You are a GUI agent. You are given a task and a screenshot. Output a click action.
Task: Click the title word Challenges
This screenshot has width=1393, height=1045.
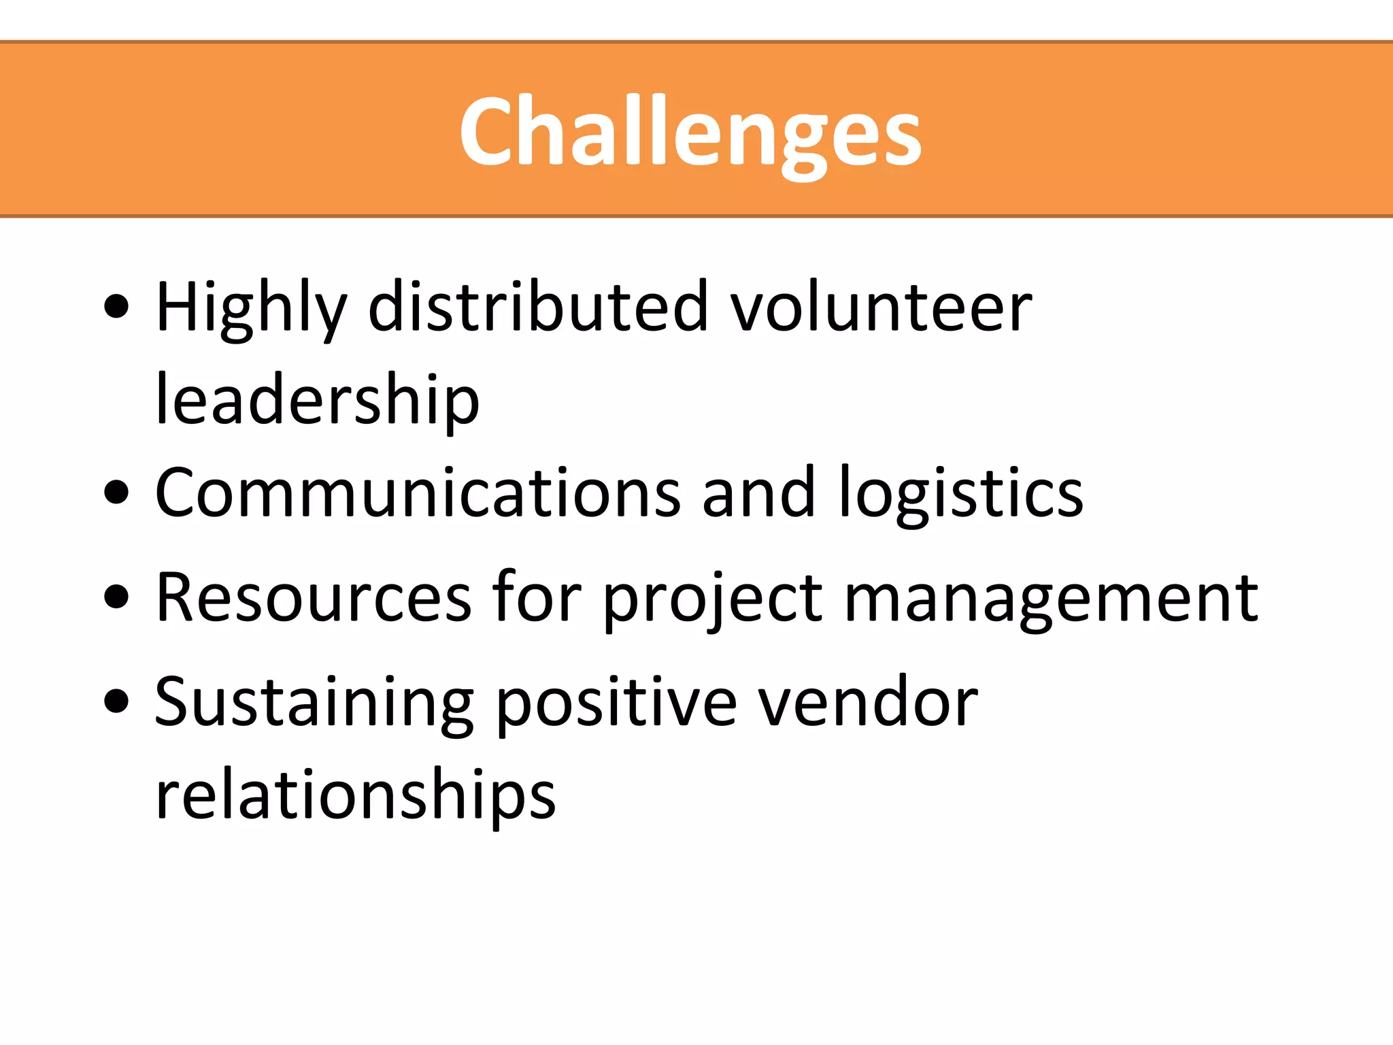pyautogui.click(x=690, y=131)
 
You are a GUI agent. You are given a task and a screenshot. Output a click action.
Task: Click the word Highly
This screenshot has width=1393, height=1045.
pyautogui.click(x=251, y=308)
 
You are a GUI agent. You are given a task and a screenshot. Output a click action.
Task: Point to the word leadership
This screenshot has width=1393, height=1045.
pyautogui.click(x=318, y=401)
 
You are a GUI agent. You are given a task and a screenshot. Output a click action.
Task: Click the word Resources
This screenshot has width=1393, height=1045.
pyautogui.click(x=314, y=597)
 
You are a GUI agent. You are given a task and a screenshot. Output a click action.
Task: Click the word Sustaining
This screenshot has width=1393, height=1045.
pyautogui.click(x=314, y=703)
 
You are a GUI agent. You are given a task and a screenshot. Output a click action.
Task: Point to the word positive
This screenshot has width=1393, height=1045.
pyautogui.click(x=616, y=703)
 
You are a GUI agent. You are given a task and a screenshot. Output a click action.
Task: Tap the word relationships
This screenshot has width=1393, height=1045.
pyautogui.click(x=355, y=795)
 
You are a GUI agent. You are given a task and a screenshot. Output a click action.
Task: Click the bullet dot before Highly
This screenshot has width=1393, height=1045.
pyautogui.click(x=117, y=306)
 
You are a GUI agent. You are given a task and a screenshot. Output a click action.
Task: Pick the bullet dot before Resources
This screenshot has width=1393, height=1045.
pyautogui.click(x=117, y=597)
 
